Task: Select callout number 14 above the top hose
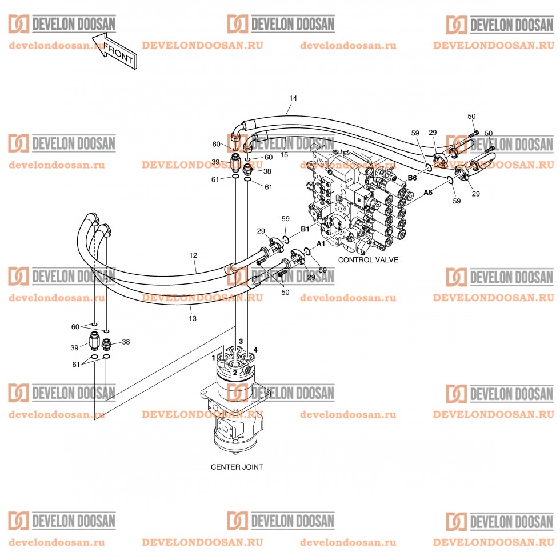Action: click(293, 98)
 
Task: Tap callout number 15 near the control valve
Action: click(285, 155)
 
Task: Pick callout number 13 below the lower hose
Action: click(193, 318)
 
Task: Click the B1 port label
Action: click(305, 229)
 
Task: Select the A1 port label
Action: click(321, 243)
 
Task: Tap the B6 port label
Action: click(411, 178)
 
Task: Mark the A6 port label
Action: click(427, 193)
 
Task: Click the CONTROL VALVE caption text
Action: click(368, 259)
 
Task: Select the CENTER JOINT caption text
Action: click(237, 467)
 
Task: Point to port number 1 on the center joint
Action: click(214, 358)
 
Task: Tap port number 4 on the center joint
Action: click(255, 349)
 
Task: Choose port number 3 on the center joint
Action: click(241, 341)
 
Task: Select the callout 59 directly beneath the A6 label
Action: click(456, 201)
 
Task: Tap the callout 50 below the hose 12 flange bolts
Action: click(285, 292)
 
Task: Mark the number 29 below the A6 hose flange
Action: click(476, 194)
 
